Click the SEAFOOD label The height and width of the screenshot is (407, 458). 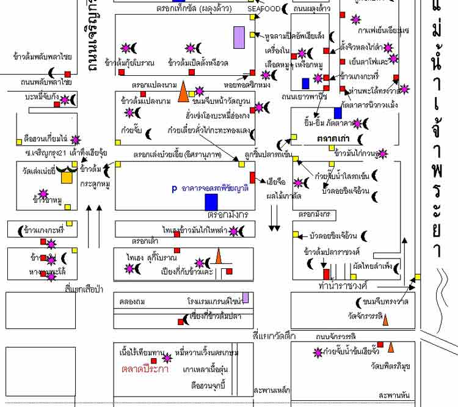click(x=264, y=9)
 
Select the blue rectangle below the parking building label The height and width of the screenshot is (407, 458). click(x=211, y=202)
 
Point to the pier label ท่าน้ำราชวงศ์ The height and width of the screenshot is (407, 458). click(x=341, y=285)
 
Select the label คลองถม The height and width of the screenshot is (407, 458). click(x=131, y=301)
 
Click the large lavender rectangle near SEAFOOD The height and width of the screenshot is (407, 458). click(x=239, y=37)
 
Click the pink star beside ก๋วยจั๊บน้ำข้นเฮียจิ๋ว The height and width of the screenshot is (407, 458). click(x=317, y=352)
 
